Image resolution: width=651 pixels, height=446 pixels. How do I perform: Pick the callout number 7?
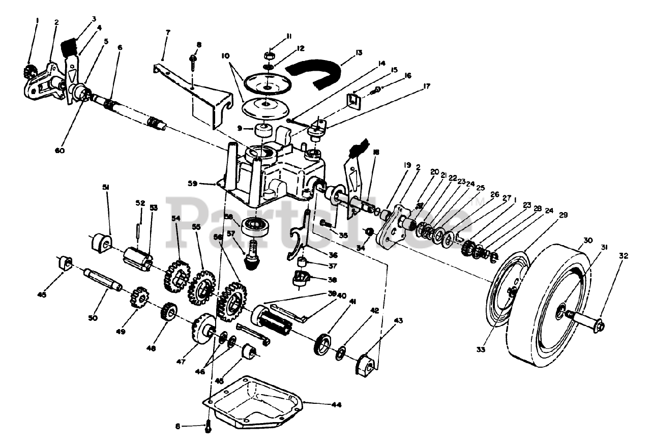[x=168, y=32]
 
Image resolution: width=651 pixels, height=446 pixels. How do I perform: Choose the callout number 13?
[x=359, y=52]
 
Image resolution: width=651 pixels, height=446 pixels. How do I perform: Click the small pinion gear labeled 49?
[x=139, y=296]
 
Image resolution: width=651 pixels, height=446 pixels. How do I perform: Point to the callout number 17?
[x=426, y=86]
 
